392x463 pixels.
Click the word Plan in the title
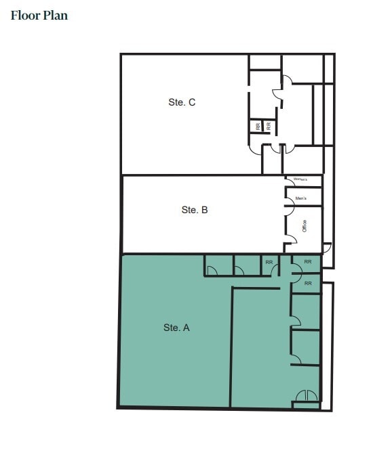click(x=56, y=15)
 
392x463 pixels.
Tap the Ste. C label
click(x=182, y=102)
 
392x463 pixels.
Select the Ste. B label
click(x=195, y=210)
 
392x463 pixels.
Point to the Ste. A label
click(x=176, y=327)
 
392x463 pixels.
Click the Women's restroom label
click(x=300, y=179)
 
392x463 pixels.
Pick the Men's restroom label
click(x=301, y=198)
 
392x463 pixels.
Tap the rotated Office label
click(x=305, y=226)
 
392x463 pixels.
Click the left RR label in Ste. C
click(x=258, y=126)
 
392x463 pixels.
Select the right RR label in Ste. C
click(x=269, y=126)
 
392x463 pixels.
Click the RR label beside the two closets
click(x=269, y=262)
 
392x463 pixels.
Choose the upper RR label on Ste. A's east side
click(x=308, y=261)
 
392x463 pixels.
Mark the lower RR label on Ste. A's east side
click(x=308, y=283)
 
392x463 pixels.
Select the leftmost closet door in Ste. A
click(x=212, y=271)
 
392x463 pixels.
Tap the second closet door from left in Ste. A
click(x=239, y=271)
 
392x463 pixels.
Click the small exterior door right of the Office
click(x=327, y=249)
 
